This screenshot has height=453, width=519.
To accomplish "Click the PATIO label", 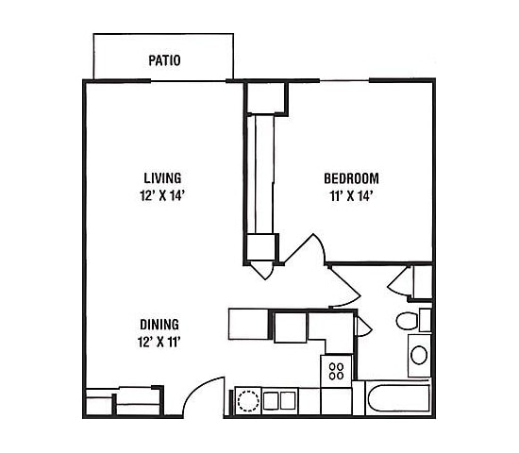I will [164, 61].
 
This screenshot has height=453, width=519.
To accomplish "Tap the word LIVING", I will [162, 177].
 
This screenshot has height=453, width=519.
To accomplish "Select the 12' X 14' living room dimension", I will [162, 196].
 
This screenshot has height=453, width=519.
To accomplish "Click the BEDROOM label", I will [351, 178].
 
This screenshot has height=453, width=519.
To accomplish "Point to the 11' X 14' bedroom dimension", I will [351, 196].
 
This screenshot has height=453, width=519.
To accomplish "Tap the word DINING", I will [158, 323].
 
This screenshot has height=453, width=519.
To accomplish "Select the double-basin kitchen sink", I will [280, 400].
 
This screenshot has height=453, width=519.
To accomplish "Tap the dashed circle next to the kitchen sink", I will [248, 400].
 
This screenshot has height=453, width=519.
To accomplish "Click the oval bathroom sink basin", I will [418, 356].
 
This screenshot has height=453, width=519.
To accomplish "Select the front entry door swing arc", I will [203, 394].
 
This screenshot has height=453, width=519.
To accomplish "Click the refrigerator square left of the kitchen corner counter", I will [291, 327].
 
